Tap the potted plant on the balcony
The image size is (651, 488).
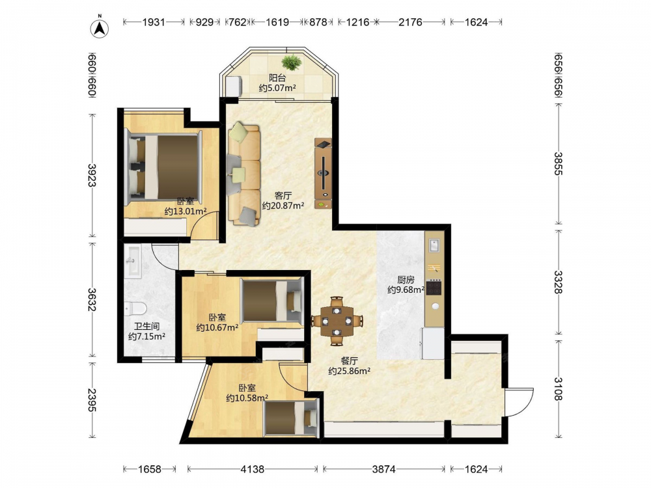click(x=292, y=62)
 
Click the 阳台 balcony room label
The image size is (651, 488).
click(x=277, y=77)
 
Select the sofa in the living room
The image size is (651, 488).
click(x=243, y=174)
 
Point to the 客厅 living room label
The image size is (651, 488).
click(x=283, y=195)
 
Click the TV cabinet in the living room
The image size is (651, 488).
click(x=323, y=174)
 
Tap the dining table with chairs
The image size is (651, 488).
click(x=337, y=321)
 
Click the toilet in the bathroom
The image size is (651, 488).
click(x=135, y=308)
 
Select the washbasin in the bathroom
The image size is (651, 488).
click(x=133, y=262)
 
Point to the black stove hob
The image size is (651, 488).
click(x=434, y=288)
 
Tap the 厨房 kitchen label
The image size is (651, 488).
click(x=406, y=280)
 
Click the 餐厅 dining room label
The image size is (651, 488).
click(x=349, y=361)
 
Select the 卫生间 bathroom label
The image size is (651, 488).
click(x=146, y=326)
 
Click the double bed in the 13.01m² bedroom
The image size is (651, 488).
click(x=163, y=167)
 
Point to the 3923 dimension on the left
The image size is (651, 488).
click(x=92, y=175)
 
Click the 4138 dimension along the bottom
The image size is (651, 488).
click(x=253, y=469)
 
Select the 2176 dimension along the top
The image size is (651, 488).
click(x=410, y=22)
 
